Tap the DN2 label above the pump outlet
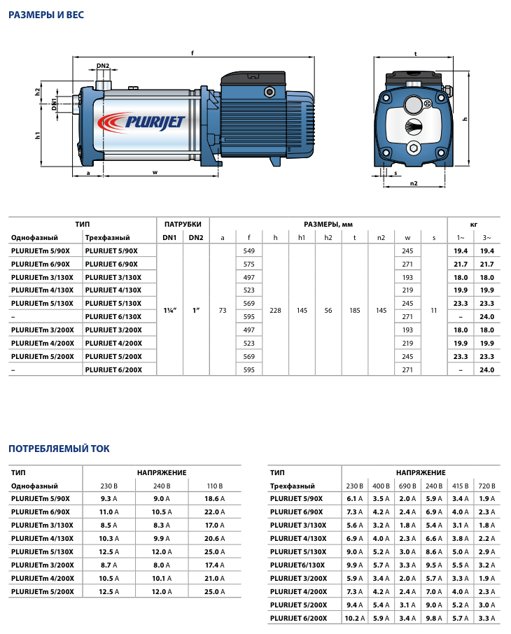click(103, 66)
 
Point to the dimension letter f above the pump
click(192, 52)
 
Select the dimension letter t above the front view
click(415, 53)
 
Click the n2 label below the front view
click(414, 183)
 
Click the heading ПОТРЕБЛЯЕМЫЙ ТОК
click(59, 449)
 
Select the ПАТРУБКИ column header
click(183, 224)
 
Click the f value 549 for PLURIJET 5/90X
click(248, 251)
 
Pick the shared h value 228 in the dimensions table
click(275, 310)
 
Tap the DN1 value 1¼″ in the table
click(170, 310)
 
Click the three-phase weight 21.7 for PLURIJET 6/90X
click(487, 264)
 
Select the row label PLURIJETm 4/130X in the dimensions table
click(41, 290)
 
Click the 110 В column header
click(213, 486)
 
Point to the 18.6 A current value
click(213, 499)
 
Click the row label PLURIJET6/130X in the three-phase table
click(297, 565)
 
